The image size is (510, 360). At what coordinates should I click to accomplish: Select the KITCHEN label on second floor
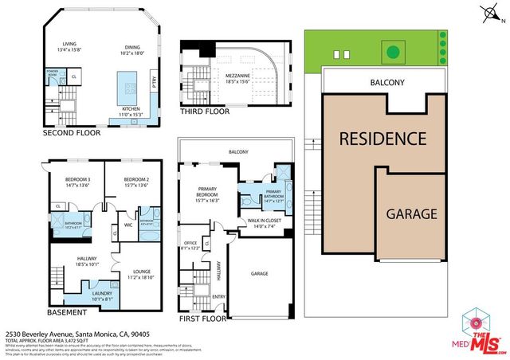coord(131,109)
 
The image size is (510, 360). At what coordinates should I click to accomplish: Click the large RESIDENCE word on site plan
coord(383,138)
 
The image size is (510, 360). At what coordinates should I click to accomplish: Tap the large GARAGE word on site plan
coord(411,213)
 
